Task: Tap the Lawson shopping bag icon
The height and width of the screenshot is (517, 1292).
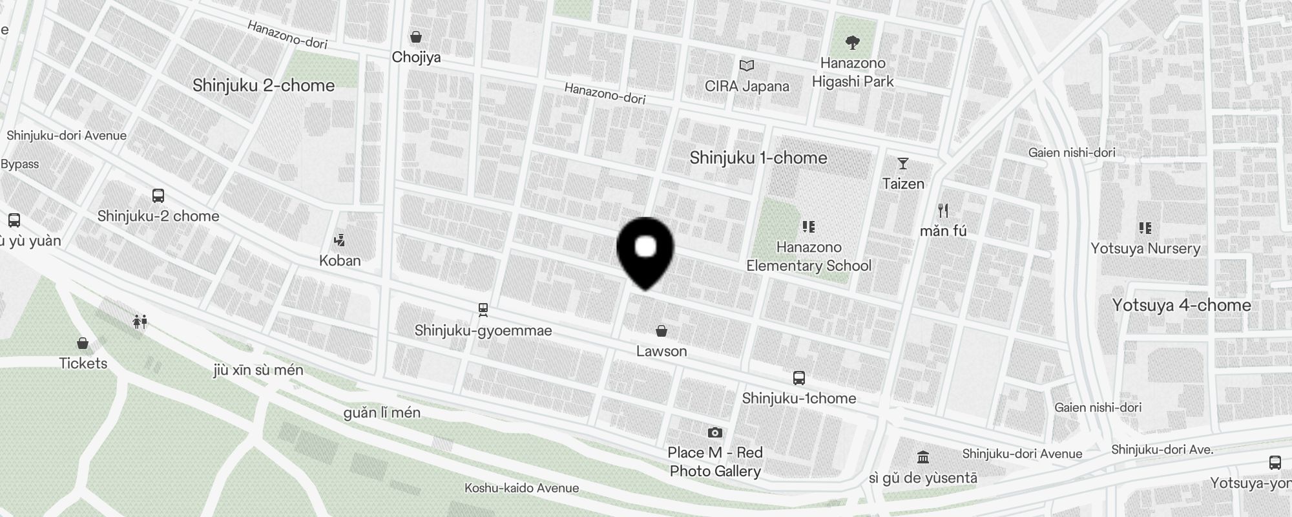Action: point(661,332)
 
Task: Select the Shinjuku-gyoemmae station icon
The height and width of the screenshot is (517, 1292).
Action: point(483,310)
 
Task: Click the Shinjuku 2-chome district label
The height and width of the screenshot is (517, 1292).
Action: point(264,85)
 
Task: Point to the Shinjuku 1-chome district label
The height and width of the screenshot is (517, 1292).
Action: point(758,158)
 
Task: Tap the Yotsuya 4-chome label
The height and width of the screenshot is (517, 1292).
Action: point(1182,305)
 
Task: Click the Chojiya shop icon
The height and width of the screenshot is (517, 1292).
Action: point(416,37)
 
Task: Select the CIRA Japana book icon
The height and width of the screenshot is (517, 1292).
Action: point(747,66)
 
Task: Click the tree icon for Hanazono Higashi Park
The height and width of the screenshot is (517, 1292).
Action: point(853,43)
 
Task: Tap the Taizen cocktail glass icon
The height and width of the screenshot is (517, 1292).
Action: point(903,164)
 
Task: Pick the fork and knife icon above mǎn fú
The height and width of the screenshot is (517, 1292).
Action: point(943,211)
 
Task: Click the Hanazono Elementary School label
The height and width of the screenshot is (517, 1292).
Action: point(809,257)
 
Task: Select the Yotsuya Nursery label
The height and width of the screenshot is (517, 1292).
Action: point(1145,249)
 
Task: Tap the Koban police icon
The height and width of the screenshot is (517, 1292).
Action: point(339,241)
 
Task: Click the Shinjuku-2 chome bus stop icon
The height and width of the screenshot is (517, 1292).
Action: point(158,196)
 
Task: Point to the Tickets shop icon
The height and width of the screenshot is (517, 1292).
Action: point(83,343)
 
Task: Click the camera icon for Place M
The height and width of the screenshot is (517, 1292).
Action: point(714,432)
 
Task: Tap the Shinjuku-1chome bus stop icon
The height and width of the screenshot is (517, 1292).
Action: point(799,378)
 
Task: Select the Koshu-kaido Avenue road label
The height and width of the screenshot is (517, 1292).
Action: point(521,488)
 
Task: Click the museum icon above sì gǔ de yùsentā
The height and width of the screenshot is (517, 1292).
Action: point(923,458)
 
